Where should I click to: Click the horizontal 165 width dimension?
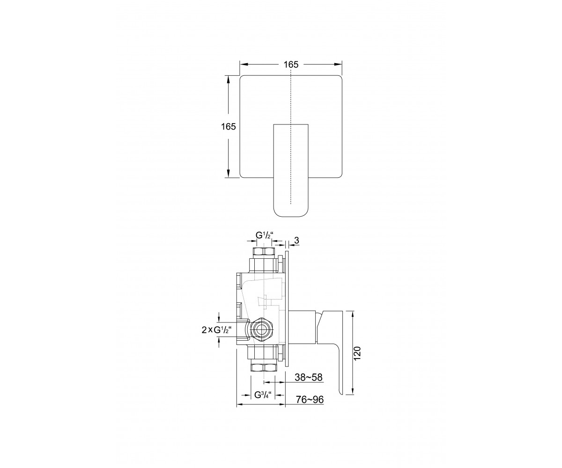point(291,65)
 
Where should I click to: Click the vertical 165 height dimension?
point(229,126)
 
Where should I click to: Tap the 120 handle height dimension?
point(357,353)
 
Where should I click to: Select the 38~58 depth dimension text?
point(309,377)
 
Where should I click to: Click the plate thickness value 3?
point(296,240)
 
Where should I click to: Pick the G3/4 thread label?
point(263,395)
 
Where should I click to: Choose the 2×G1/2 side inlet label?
point(217,330)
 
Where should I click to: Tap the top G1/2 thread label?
point(264,235)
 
